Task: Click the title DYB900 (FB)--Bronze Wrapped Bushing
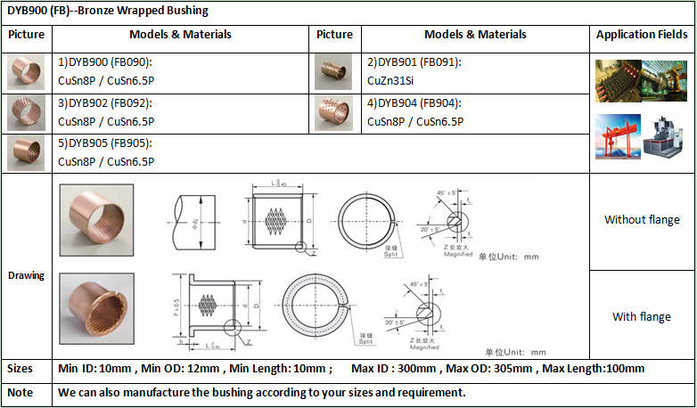pyautogui.click(x=107, y=12)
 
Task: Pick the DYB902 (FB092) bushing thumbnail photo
pyautogui.click(x=26, y=112)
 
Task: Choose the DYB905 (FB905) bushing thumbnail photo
pyautogui.click(x=26, y=152)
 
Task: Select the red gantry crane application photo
pyautogui.click(x=617, y=136)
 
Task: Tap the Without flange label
pyautogui.click(x=642, y=220)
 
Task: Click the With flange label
pyautogui.click(x=642, y=317)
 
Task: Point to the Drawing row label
pyautogui.click(x=26, y=275)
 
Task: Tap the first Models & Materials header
pyautogui.click(x=181, y=35)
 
